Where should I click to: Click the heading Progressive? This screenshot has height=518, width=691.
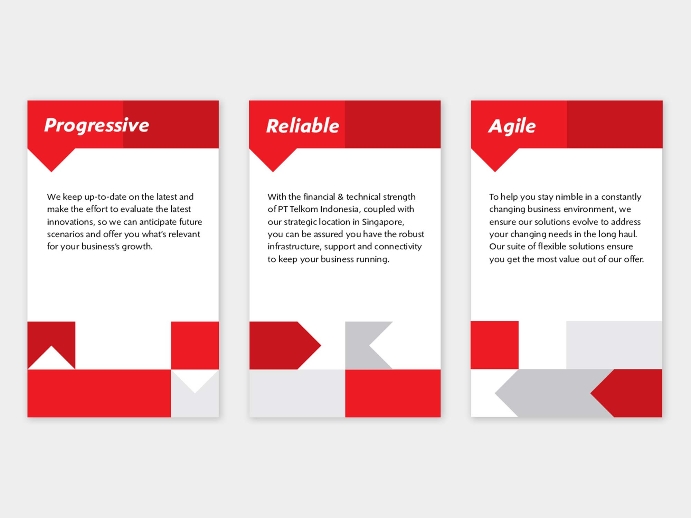(x=97, y=125)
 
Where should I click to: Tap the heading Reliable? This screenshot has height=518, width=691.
(x=303, y=125)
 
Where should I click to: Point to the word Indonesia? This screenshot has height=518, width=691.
(x=339, y=209)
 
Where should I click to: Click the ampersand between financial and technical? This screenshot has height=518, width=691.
(x=340, y=197)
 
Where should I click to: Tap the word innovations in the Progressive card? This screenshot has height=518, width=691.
(x=71, y=222)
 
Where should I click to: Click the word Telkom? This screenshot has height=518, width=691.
(x=304, y=209)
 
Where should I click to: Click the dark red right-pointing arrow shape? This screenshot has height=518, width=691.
(x=285, y=345)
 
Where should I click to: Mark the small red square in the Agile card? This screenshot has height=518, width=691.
(x=495, y=345)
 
